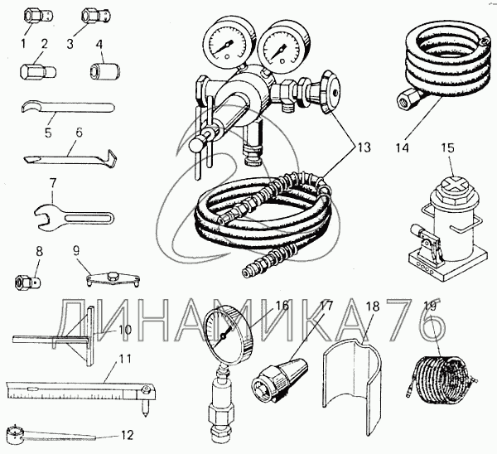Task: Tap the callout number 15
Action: (447, 148)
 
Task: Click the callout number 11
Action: (125, 360)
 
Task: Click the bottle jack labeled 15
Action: (446, 232)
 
